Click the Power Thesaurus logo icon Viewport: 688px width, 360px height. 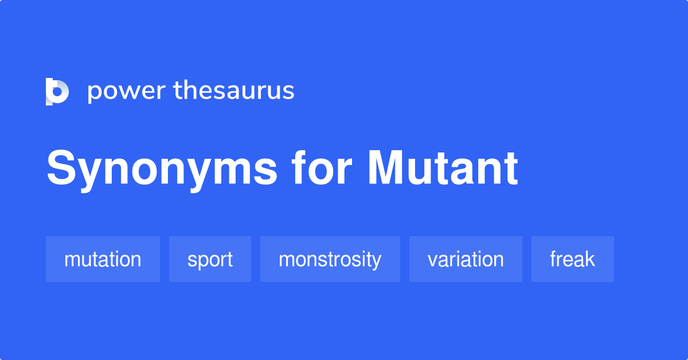57,92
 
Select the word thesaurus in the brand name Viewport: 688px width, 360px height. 234,91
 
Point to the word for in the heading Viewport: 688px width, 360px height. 321,168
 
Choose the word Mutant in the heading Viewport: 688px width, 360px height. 443,168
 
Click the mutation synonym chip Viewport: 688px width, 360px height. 103,259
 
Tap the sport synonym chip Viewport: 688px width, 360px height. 210,259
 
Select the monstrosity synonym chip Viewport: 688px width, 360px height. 330,259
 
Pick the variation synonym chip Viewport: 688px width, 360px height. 466,259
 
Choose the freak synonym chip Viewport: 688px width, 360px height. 573,259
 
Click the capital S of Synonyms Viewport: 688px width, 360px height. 61,168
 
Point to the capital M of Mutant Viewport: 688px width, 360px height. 385,168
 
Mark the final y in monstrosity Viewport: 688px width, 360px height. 376,261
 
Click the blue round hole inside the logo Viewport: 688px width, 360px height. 57,92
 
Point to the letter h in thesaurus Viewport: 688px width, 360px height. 191,89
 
